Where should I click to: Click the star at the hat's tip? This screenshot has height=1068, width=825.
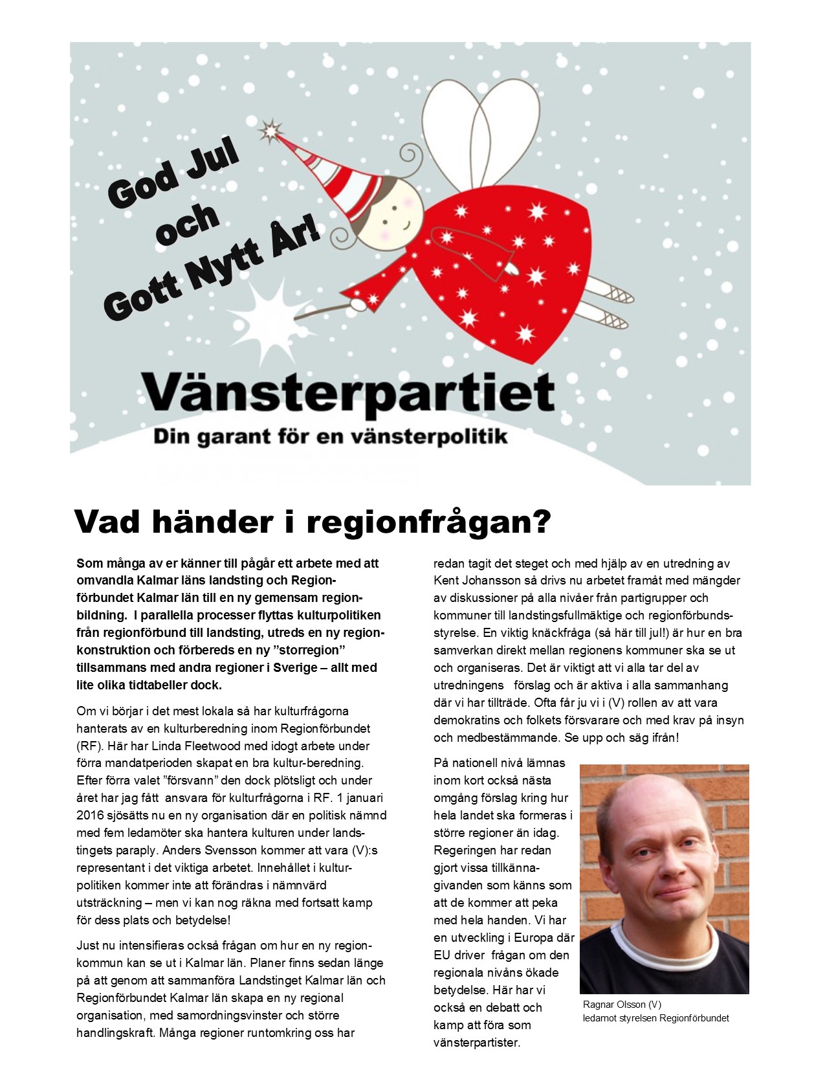point(270,131)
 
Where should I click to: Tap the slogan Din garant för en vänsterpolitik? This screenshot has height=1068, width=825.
point(330,437)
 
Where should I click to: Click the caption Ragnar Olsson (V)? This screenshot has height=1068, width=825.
point(622,1005)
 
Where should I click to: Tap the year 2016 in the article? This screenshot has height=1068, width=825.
point(91,815)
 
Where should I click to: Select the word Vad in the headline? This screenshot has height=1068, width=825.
point(108,521)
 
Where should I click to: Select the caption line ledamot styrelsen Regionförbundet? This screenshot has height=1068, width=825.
point(655,1018)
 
